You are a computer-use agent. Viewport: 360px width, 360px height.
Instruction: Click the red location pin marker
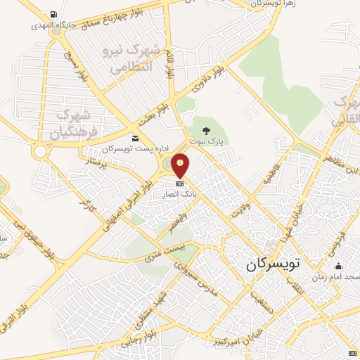[181, 166]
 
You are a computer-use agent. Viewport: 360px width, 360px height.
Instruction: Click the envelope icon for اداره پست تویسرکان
[135, 138]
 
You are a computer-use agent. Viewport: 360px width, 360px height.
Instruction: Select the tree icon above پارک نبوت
[206, 131]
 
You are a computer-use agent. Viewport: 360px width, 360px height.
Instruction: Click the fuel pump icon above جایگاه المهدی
[55, 15]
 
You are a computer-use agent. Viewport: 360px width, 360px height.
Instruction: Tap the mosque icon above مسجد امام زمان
[338, 266]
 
